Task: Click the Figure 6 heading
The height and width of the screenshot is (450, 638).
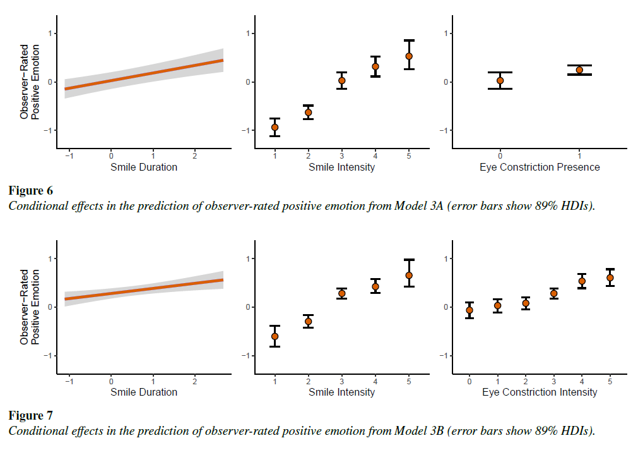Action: coord(30,190)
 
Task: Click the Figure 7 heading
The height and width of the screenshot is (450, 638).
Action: coord(30,415)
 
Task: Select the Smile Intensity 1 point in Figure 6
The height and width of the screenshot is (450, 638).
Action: coord(275,127)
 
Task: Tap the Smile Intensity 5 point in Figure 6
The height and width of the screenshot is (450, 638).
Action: coord(409,56)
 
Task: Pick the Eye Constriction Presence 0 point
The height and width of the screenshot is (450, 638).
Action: coord(500,80)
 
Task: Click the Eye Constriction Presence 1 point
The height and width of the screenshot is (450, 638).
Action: coord(579,70)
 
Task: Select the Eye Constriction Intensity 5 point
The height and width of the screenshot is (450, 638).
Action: coord(610,277)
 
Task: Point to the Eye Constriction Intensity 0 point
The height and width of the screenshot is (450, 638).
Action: coord(470,310)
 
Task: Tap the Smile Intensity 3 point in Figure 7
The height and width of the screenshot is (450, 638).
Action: coord(342,293)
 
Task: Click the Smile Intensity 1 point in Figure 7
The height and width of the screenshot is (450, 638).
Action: coord(275,336)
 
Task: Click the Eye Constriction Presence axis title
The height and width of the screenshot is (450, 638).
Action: coord(540,167)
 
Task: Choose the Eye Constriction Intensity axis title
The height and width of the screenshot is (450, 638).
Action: coord(540,392)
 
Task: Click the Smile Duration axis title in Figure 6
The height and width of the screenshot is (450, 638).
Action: coord(144,167)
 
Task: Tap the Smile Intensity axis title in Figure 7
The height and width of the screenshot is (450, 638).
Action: coord(341,392)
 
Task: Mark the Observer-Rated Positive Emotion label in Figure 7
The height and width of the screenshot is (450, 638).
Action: coord(30,307)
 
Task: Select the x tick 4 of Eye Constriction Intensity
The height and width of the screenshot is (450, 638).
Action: coord(582,381)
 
